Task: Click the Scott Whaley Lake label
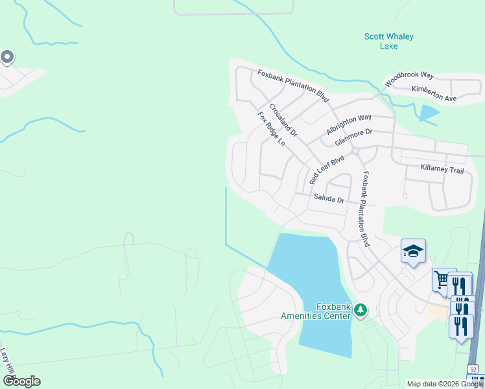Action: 388,41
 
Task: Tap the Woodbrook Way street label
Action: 408,80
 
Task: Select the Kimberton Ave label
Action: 434,94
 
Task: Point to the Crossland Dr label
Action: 283,121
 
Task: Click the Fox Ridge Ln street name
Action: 271,129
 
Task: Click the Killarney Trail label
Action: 442,170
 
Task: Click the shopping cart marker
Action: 442,280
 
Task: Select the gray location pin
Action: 7,58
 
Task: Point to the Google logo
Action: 21,381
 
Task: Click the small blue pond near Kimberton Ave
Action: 429,114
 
